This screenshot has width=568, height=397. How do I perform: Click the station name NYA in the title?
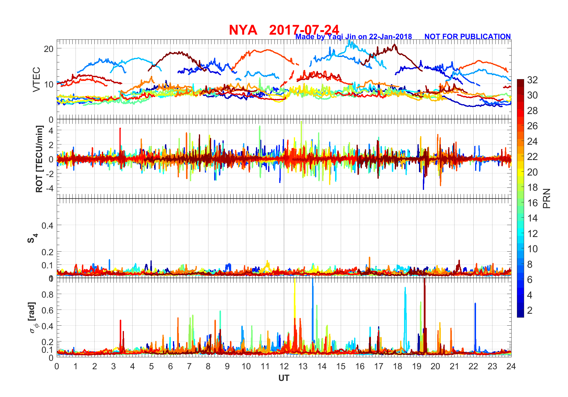(243, 30)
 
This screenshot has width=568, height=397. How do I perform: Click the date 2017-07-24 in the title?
(304, 30)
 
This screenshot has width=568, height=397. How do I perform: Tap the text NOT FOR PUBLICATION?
(467, 36)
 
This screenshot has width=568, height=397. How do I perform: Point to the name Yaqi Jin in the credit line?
(341, 36)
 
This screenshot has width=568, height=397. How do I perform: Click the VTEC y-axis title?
(36, 79)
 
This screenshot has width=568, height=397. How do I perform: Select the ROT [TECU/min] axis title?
(39, 159)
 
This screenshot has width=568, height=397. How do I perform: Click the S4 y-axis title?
(32, 238)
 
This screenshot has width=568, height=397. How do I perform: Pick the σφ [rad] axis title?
(33, 318)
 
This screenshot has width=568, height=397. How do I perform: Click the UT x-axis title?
(284, 378)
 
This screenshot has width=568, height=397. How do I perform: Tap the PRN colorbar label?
(546, 198)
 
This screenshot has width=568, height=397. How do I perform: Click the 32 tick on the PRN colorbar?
(532, 80)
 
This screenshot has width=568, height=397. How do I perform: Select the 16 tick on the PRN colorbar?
(532, 203)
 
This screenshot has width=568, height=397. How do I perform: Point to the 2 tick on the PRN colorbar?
(530, 310)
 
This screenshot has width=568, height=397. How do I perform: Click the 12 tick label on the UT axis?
(284, 366)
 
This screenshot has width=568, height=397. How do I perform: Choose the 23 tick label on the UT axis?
(492, 366)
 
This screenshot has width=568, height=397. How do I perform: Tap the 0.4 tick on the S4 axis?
(47, 225)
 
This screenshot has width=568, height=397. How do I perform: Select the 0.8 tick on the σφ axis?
(47, 294)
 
